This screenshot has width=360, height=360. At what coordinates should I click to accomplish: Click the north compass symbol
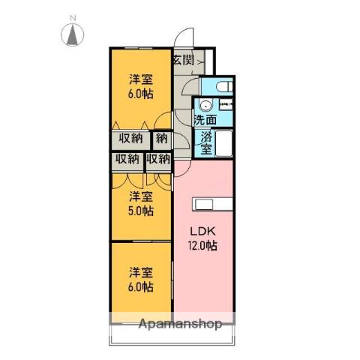[72, 34]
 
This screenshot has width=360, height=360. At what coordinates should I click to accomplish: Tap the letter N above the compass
[73, 18]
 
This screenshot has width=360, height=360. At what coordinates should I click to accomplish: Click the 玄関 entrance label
[184, 60]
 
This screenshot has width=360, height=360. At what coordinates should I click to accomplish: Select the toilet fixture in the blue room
[224, 87]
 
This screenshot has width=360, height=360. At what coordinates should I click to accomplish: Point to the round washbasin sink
[205, 106]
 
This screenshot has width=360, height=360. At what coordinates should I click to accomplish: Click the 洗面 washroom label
[205, 120]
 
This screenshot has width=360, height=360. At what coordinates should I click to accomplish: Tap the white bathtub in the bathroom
[223, 143]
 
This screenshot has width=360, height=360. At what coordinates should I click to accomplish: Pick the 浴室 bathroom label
[206, 142]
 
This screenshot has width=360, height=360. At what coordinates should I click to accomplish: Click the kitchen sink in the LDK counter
[204, 205]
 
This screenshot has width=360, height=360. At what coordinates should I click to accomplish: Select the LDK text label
[202, 232]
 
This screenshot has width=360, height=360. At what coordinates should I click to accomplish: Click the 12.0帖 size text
[202, 246]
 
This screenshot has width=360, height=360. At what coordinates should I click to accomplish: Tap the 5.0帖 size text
[141, 211]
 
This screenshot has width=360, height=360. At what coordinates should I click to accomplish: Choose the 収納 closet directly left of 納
[130, 138]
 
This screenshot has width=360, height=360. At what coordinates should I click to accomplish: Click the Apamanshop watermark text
[180, 324]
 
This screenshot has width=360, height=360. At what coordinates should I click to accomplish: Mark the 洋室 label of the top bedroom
[141, 79]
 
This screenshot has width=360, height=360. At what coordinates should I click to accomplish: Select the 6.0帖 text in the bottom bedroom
[141, 286]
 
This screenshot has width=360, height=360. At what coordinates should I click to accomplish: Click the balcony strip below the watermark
[172, 335]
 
